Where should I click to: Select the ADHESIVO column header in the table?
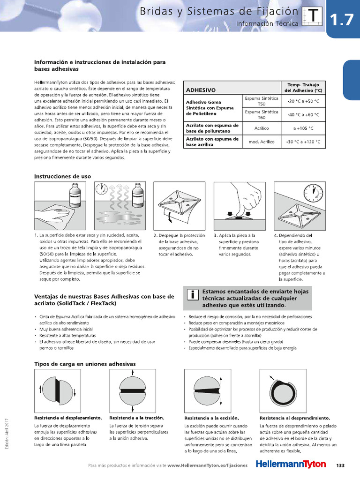pos(201,90)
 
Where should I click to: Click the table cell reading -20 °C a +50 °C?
pos(303,101)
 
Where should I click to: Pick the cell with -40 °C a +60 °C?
pos(303,114)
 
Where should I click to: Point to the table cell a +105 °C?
pos(303,128)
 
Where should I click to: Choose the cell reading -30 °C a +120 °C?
pos(303,142)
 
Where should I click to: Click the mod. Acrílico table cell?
pos(261,142)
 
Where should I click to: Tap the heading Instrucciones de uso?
pos(62,176)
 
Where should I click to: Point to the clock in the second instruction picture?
pos(100,189)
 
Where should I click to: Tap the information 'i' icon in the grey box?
pos(192,295)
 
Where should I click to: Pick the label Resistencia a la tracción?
pos(136,418)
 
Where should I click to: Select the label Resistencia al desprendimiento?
pos(294,418)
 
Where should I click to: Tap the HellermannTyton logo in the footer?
pos(291,465)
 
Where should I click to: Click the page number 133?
pos(340,465)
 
